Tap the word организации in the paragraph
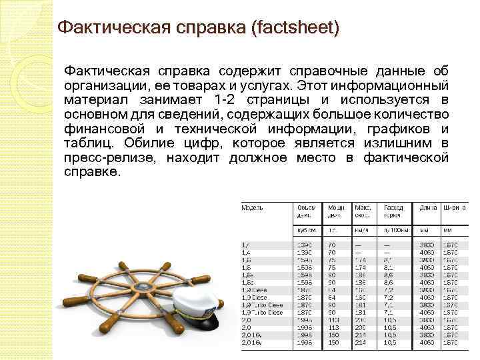click(105, 85)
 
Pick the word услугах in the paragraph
click(266, 85)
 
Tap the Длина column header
click(428, 207)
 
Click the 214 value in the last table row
click(361, 342)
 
